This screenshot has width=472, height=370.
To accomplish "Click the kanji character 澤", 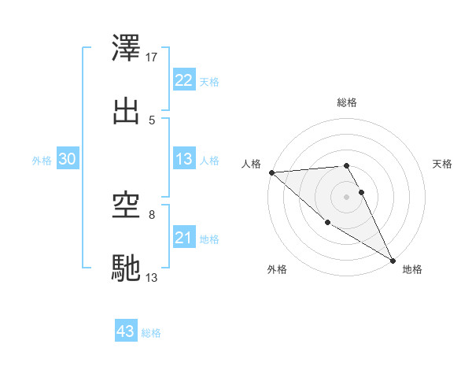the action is (x=127, y=49).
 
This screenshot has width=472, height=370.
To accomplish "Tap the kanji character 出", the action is (x=127, y=111).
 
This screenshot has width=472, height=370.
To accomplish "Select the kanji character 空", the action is (x=127, y=206).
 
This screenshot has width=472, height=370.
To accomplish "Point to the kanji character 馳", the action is (x=127, y=268).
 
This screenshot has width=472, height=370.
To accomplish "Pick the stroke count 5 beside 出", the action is (x=152, y=120).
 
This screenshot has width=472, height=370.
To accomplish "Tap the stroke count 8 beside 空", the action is (x=152, y=214).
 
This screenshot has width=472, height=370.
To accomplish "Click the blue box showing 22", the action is (x=183, y=80).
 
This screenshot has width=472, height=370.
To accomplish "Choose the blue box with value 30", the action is (x=68, y=159).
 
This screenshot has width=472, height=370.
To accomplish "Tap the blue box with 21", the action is (x=183, y=238).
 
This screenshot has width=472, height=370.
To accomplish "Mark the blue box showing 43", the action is (x=126, y=331).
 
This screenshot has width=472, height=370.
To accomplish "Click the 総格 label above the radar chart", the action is (x=347, y=102).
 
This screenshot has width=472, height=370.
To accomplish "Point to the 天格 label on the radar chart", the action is (x=442, y=164).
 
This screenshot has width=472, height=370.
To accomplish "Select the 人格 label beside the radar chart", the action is (x=251, y=164).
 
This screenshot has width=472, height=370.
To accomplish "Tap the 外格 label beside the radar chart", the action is (x=276, y=269).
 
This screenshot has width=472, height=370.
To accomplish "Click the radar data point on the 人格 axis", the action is (x=271, y=172).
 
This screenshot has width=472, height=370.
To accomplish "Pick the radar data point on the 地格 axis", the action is (x=393, y=259).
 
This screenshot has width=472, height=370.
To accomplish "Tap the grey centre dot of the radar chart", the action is (x=347, y=197).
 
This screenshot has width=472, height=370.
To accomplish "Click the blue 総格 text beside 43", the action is (x=151, y=333).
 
